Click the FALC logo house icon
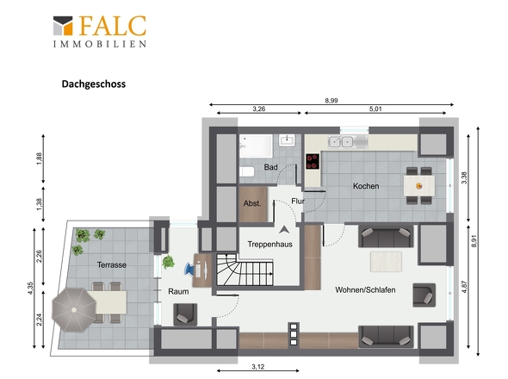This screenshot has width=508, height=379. (63, 26)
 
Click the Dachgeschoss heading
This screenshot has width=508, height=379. (94, 84)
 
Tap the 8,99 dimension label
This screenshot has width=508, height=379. (331, 101)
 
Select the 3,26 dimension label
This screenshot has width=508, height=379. (259, 109)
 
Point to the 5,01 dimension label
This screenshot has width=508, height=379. (375, 109)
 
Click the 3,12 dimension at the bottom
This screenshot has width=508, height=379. (258, 367)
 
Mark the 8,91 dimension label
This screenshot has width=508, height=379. (474, 240)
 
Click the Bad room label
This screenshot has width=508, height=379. (271, 167)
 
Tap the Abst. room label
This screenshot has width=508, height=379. (252, 203)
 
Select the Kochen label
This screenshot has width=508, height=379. (366, 186)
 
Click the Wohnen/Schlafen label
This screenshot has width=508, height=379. (365, 289)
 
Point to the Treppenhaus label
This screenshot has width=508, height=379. (269, 244)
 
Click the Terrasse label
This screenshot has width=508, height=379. (112, 265)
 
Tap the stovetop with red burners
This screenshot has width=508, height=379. (313, 161)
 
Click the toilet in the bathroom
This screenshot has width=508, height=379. (247, 171)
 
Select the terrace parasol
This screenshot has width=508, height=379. (74, 310)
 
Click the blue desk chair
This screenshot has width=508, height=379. (189, 269)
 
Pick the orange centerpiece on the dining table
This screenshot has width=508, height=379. (419, 186)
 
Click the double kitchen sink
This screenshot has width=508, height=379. (341, 141)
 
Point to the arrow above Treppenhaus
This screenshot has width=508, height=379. (284, 230)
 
